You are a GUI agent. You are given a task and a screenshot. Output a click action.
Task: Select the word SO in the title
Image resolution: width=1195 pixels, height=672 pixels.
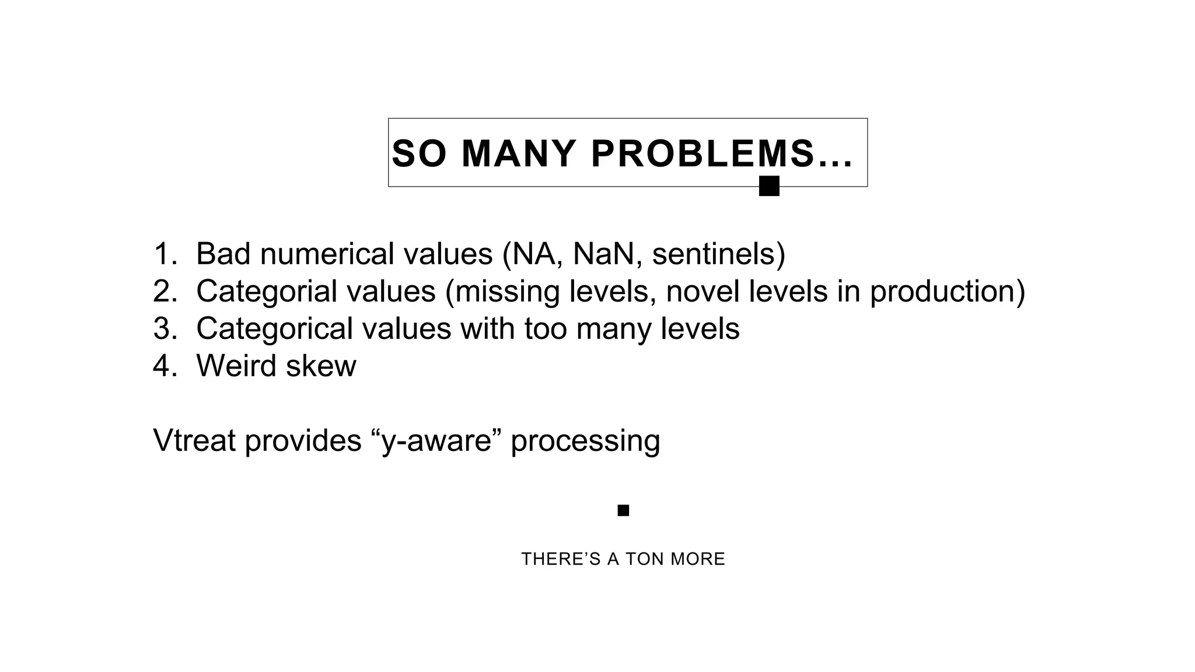pos(419,154)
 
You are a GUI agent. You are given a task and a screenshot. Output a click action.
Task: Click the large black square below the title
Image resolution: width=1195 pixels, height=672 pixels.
pos(769,186)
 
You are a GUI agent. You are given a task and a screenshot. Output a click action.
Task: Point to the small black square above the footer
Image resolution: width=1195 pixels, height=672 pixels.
pos(623,510)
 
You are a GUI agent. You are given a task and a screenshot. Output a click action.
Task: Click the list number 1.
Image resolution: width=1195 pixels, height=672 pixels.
pos(165,254)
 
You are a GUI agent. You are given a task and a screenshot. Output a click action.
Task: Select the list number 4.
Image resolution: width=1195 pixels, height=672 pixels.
pos(165,366)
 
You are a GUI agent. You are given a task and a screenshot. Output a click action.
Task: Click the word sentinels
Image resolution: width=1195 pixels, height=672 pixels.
pos(718,254)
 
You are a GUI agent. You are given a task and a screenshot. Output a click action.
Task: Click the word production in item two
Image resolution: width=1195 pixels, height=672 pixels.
pos(946,291)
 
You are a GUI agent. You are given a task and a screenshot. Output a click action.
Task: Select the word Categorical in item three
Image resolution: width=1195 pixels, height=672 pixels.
pos(274,328)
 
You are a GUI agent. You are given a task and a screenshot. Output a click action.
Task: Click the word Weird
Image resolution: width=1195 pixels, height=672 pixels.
pos(236,366)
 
